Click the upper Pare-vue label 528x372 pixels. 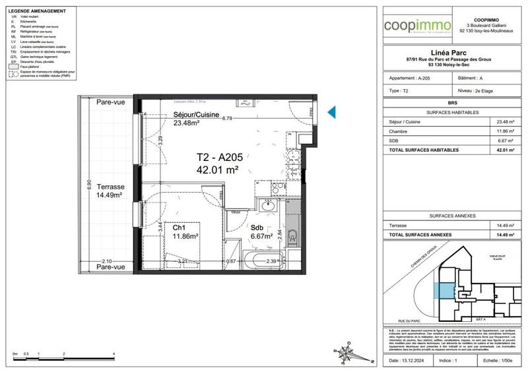110,102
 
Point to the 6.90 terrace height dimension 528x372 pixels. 81,187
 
